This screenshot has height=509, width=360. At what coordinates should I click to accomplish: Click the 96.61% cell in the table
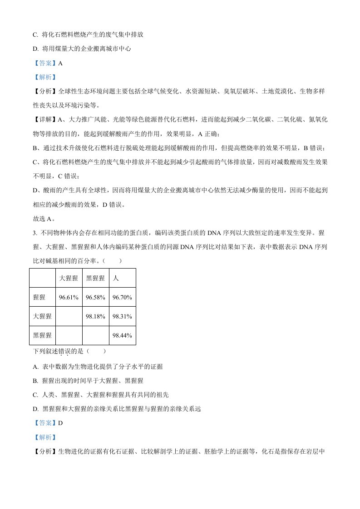coord(69,298)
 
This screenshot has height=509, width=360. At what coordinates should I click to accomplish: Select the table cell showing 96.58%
coord(95,298)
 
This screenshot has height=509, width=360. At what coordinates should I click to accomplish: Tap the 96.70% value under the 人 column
coord(122,298)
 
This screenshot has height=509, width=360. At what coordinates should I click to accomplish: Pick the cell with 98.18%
coord(95,317)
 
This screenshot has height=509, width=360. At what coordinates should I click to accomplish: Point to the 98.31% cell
coord(122,317)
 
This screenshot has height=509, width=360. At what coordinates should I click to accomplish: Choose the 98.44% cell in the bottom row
coord(122,336)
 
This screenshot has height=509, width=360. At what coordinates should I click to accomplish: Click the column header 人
coord(116,278)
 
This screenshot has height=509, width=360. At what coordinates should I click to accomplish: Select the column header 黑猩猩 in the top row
coord(95,278)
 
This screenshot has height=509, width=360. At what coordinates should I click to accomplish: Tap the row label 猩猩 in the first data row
coord(39,298)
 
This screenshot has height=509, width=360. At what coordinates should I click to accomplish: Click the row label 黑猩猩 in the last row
coord(42,336)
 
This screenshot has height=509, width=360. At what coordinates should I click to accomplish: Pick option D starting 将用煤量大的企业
coord(82,49)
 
